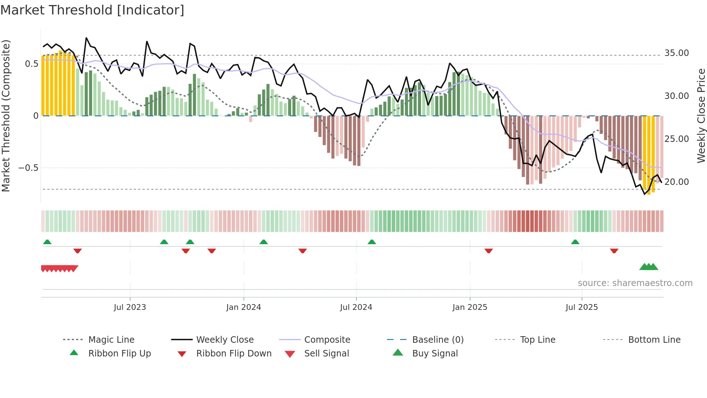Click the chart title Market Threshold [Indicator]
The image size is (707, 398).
(x=92, y=10)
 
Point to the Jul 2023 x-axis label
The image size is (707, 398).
(x=130, y=307)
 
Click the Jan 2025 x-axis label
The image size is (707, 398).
(x=470, y=307)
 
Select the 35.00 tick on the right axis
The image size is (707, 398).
(x=677, y=53)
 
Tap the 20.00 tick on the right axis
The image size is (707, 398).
(x=677, y=182)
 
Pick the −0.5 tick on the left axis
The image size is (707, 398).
(x=28, y=168)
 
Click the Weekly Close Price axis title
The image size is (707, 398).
(x=701, y=116)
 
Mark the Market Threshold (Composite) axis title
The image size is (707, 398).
(x=6, y=116)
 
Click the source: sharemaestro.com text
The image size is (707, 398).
(x=635, y=283)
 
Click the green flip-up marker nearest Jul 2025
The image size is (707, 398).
(x=575, y=242)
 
